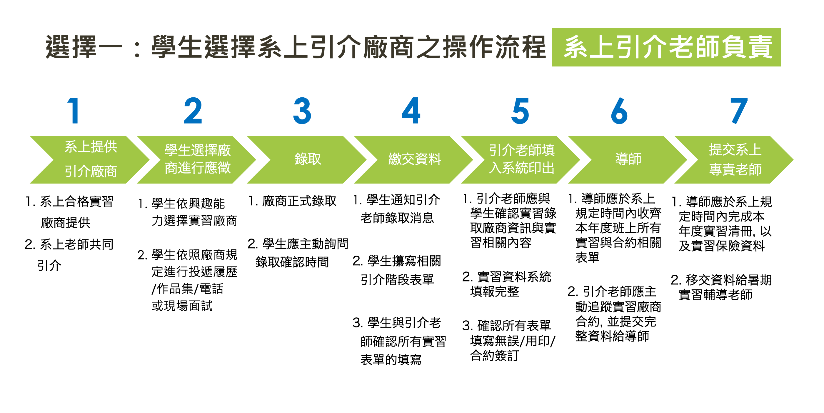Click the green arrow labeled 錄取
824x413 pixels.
(307, 159)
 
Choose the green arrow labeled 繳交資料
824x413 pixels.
(415, 159)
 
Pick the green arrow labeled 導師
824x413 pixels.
(628, 159)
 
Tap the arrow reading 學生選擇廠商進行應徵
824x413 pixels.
(197, 159)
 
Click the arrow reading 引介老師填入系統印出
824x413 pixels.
(521, 159)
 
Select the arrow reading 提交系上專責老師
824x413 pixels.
(735, 159)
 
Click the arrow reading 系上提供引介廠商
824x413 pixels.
(91, 159)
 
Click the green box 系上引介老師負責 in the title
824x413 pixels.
(666, 47)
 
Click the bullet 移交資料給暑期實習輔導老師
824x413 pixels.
(721, 287)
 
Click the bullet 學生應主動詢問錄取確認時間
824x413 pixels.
(298, 253)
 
